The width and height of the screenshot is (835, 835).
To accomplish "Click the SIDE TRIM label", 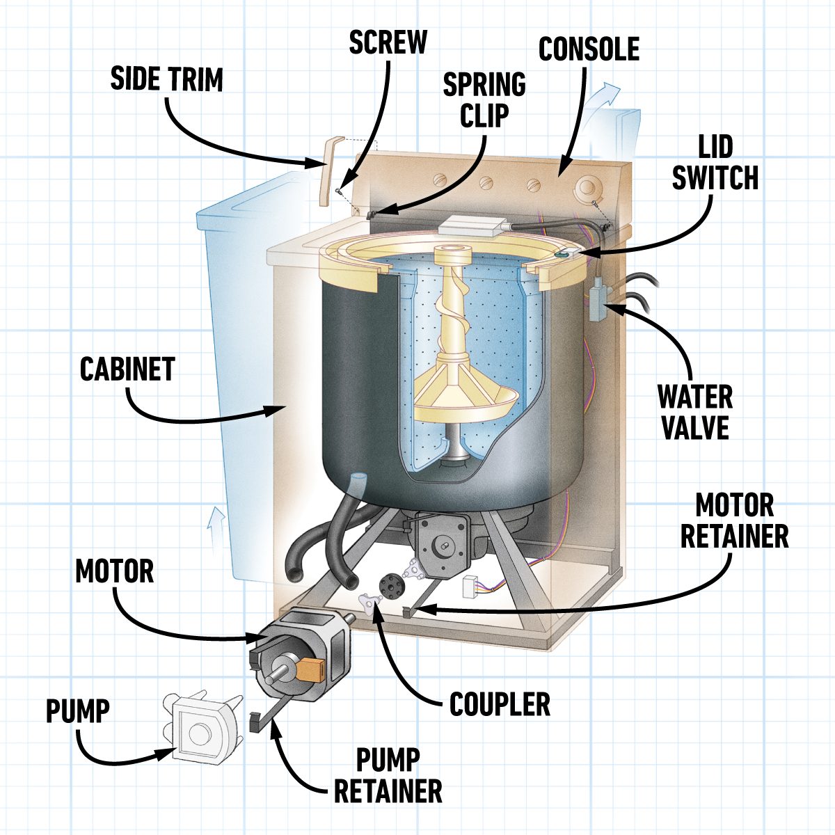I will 166,79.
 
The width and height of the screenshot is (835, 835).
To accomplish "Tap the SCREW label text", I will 388,42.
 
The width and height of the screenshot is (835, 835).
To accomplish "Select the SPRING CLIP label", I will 484,100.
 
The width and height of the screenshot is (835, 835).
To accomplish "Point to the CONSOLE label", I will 589,49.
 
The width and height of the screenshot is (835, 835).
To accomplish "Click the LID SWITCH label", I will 715,163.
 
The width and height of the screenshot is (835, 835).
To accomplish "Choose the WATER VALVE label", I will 695,412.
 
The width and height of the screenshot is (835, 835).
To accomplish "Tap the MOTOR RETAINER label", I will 734,521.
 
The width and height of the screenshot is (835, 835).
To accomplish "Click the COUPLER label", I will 500,704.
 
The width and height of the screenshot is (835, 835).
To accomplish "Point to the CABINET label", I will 127,369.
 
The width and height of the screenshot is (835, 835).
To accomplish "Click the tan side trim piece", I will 328,171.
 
